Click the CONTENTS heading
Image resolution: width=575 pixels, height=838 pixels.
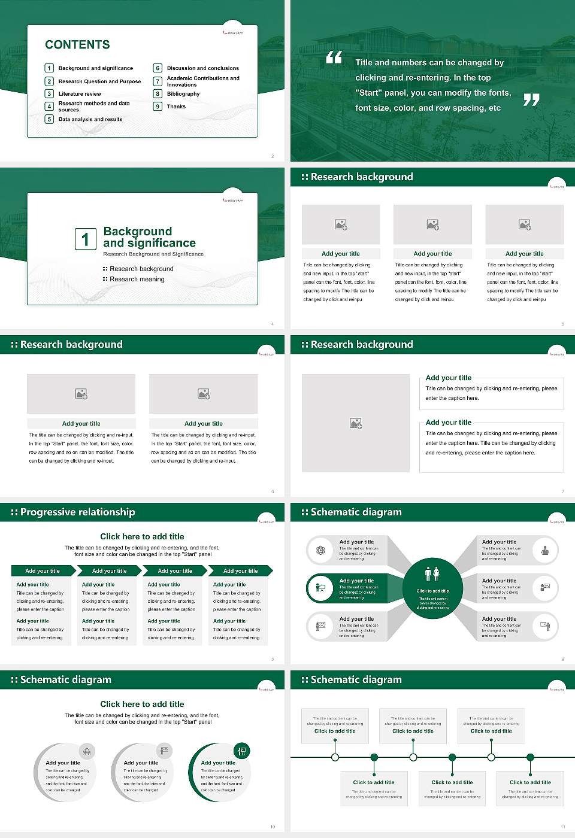point(77,45)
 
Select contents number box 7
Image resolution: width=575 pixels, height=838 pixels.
point(158,81)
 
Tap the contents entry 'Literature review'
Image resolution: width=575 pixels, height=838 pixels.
point(80,94)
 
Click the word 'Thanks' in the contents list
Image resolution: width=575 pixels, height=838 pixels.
point(176,107)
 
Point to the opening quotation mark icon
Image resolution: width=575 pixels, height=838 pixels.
point(334,57)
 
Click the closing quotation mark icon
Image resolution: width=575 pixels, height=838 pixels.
point(531,100)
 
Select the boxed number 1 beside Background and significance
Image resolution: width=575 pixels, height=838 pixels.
point(85,239)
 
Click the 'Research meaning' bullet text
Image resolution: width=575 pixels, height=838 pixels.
point(137,280)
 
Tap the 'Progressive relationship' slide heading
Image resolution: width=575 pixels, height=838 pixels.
point(77,512)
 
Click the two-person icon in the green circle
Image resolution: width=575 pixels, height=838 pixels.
point(432,574)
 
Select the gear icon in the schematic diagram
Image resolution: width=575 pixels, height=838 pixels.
point(320,550)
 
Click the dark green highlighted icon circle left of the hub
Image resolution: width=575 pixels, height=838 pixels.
point(320,588)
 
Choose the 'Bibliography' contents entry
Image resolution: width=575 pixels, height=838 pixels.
point(183,94)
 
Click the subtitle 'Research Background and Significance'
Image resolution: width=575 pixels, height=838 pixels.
point(153,254)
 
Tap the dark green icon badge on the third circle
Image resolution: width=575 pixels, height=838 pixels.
point(241,751)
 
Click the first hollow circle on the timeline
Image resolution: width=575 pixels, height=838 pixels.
point(335,757)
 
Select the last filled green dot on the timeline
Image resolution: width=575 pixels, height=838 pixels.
point(530,757)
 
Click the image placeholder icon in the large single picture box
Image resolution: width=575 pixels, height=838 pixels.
point(356,423)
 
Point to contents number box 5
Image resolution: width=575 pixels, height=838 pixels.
point(50,119)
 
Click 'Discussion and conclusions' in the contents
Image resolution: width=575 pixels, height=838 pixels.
point(202,68)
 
